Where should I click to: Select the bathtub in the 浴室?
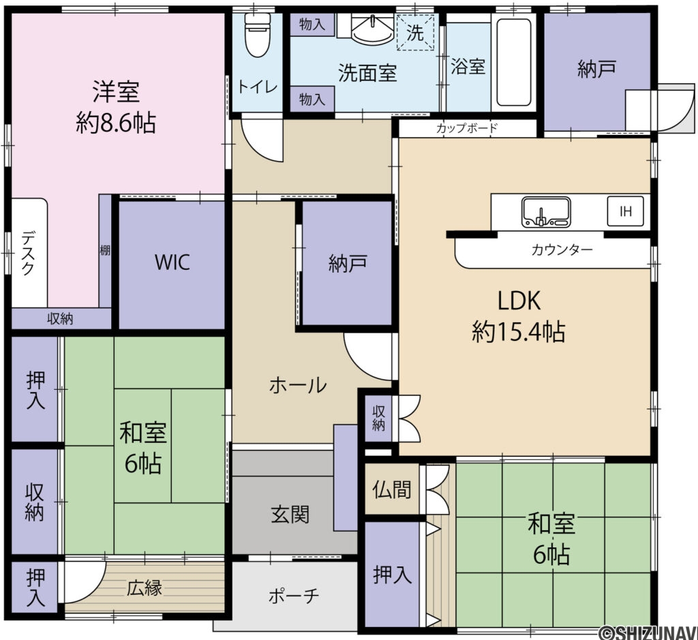click(515, 62)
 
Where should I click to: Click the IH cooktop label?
click(625, 211)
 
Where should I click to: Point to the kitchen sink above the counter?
click(546, 212)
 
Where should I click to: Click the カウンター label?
click(562, 250)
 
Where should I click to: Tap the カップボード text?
click(467, 127)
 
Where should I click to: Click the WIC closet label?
click(172, 262)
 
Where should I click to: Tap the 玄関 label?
click(290, 514)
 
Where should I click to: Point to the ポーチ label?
click(294, 595)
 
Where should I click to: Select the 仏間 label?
click(392, 489)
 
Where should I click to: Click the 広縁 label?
click(145, 588)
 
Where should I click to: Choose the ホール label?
click(298, 385)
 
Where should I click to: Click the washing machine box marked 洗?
click(415, 31)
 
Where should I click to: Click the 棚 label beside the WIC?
click(105, 250)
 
